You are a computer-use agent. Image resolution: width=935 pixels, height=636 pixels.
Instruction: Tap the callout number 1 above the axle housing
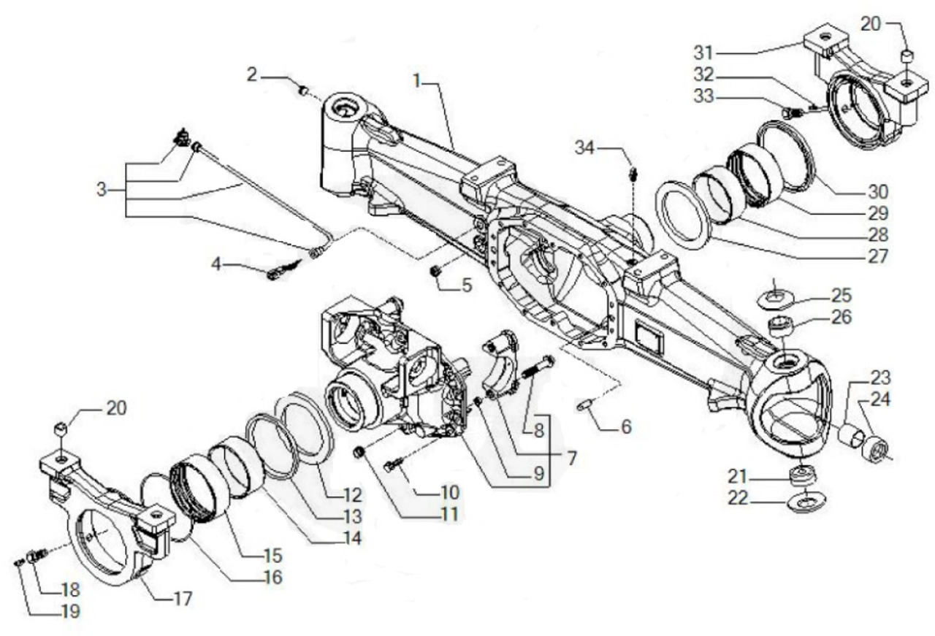coord(418,82)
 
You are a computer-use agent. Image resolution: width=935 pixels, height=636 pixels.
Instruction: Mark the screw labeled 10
coord(391,465)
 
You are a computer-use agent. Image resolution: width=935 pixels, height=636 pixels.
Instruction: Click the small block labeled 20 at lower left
coord(61,428)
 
